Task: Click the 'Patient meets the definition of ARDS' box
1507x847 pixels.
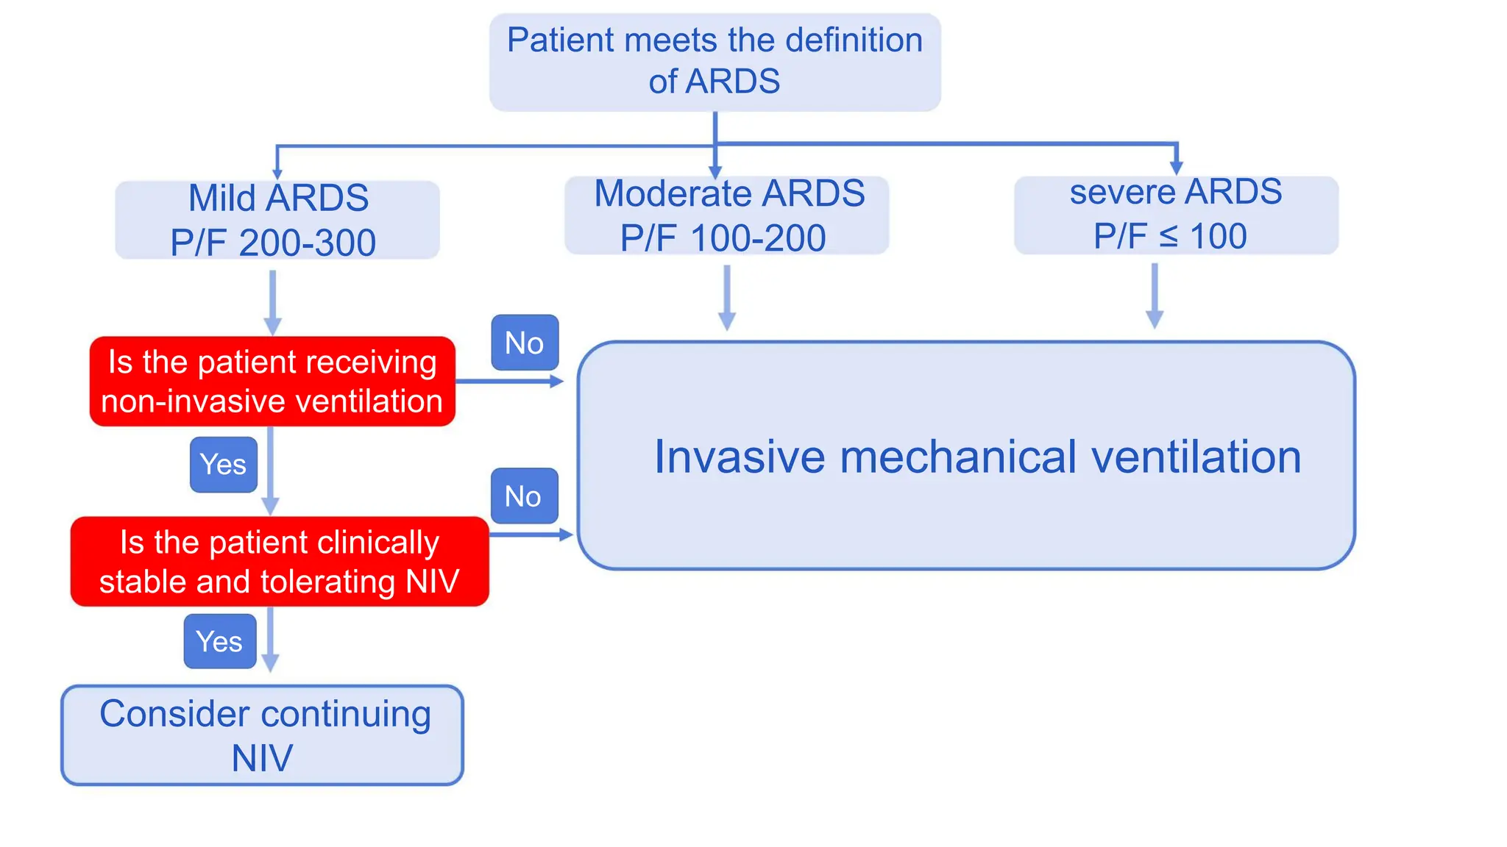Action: click(x=715, y=62)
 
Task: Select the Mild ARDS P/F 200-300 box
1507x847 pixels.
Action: click(x=277, y=220)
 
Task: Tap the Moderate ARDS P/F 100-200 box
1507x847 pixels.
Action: click(x=726, y=215)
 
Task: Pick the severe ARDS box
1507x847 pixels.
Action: click(x=1175, y=215)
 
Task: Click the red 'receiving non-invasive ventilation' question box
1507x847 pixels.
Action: click(x=272, y=382)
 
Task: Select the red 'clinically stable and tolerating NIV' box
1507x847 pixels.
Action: click(x=280, y=562)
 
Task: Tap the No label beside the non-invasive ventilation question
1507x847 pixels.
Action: click(x=524, y=343)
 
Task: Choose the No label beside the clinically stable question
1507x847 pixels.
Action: click(x=524, y=496)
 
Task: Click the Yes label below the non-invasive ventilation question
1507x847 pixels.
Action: click(x=223, y=465)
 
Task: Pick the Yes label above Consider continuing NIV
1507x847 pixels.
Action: click(x=219, y=642)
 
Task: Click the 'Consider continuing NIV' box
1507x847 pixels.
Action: click(x=262, y=735)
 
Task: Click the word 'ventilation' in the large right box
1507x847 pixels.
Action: click(x=1196, y=457)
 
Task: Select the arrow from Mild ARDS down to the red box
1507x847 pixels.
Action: click(x=272, y=302)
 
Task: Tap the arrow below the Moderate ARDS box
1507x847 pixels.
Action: click(x=726, y=298)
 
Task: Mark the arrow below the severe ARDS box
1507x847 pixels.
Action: click(x=1155, y=296)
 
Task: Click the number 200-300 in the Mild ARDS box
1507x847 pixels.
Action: click(x=308, y=243)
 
